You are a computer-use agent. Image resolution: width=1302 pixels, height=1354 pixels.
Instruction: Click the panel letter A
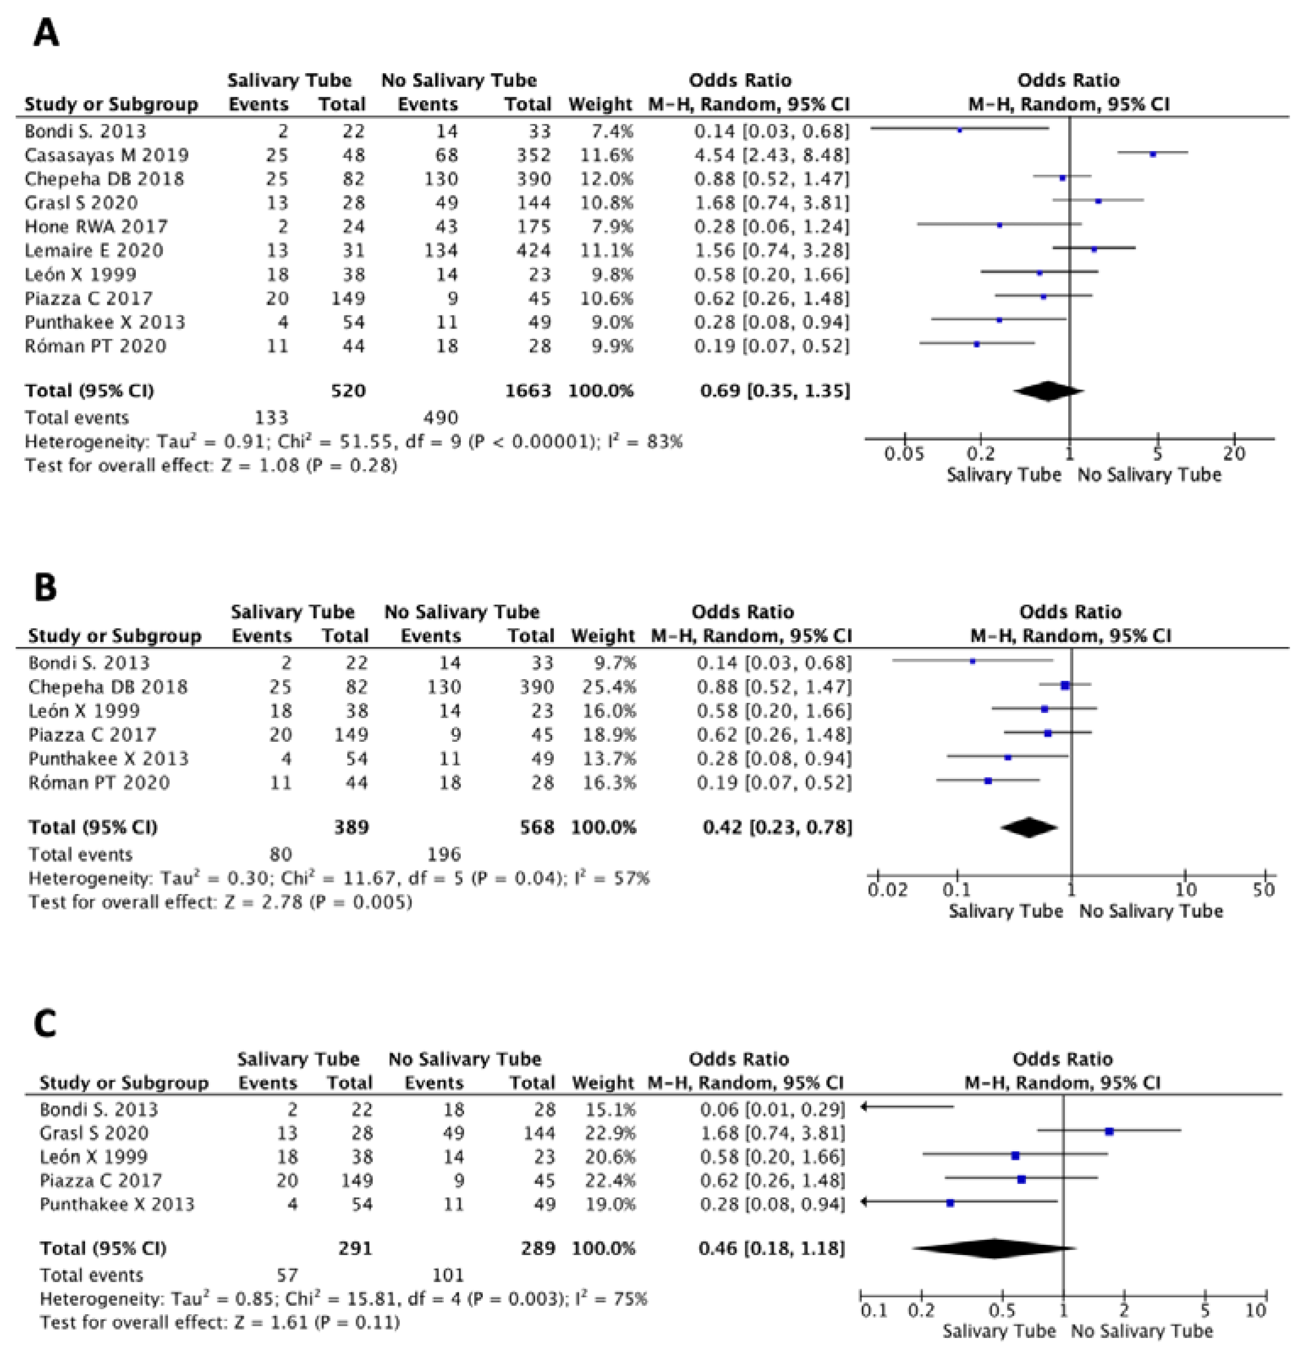46,33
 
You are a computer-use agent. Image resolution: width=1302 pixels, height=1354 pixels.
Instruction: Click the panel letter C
46,1023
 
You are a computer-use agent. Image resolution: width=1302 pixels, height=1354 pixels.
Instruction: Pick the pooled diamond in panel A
1048,391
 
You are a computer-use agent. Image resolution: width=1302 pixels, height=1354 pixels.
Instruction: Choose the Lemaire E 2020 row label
94,250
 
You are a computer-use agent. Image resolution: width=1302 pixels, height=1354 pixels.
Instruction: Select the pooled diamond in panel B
1029,827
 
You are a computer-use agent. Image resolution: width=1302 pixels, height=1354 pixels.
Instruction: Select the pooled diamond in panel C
993,1248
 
